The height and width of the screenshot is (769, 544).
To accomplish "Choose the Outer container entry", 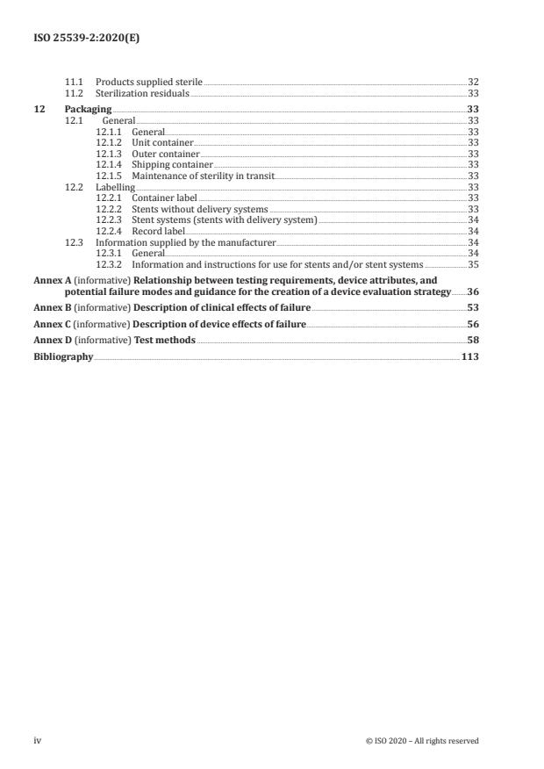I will (x=165, y=154).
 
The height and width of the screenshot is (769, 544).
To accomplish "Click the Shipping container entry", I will (x=172, y=164).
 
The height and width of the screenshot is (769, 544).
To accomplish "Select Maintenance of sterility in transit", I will (x=202, y=176).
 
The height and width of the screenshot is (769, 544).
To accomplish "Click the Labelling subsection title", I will (x=115, y=187).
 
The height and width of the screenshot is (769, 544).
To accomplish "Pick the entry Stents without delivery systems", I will (x=200, y=209).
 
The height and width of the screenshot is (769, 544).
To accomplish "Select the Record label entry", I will (x=158, y=231).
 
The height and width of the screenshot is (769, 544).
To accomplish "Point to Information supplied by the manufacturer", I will (x=185, y=242).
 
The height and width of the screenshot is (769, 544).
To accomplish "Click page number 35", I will (x=473, y=264).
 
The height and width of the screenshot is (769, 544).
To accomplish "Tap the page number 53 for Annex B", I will (x=473, y=309).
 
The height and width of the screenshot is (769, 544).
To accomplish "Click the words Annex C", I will (x=52, y=325).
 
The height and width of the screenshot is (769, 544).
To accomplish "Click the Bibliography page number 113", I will (x=469, y=357).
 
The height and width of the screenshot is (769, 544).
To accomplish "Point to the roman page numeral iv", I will (x=37, y=741).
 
